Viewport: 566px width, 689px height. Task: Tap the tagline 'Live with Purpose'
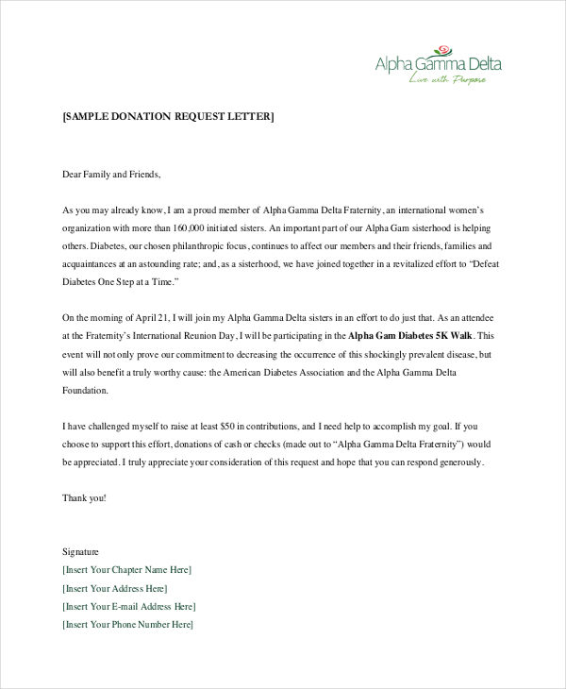448,80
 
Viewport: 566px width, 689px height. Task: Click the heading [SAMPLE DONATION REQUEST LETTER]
168,117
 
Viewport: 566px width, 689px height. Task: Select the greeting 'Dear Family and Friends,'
111,175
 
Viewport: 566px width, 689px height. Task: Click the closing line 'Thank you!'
84,497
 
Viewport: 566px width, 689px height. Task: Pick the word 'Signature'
80,551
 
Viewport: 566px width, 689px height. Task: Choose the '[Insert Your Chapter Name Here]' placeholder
126,569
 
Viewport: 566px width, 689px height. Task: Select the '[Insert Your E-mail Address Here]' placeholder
129,606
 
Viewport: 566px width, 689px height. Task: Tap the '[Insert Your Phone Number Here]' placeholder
127,624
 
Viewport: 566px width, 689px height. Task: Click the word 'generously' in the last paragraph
459,462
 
